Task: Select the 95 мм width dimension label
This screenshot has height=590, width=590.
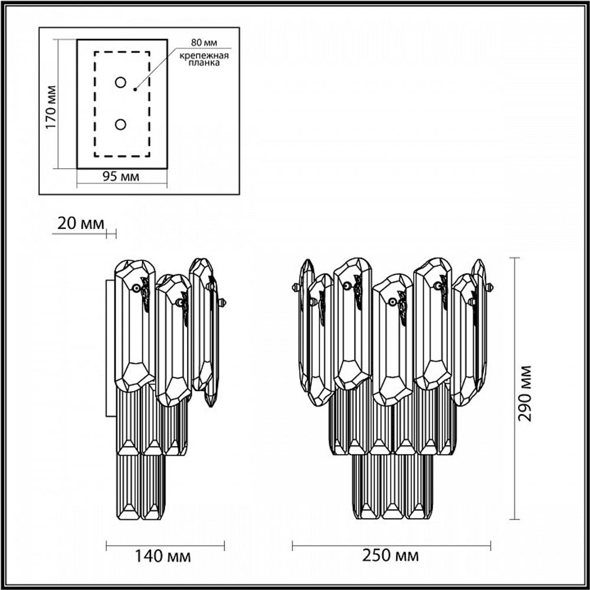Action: (120, 177)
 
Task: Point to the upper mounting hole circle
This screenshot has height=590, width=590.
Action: (120, 83)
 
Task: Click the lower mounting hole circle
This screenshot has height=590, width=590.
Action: (120, 124)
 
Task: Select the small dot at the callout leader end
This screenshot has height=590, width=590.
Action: (135, 90)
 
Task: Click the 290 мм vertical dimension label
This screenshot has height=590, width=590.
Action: (525, 393)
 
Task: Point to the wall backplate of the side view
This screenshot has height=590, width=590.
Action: (110, 348)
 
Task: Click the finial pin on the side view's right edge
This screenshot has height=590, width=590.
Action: (222, 303)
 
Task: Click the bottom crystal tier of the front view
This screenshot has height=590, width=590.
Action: (392, 487)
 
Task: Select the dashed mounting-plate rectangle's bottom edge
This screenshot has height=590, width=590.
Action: (122, 156)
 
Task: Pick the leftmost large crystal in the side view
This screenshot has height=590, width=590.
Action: (133, 324)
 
